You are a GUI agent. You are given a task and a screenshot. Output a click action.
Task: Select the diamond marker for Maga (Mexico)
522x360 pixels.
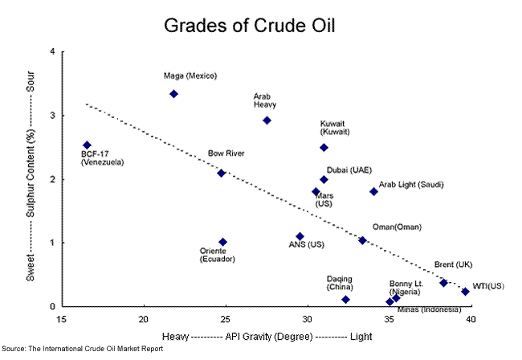click(173, 94)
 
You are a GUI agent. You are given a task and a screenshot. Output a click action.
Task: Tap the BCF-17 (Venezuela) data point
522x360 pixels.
click(87, 145)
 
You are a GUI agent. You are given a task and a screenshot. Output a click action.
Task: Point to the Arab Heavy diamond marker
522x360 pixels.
click(267, 121)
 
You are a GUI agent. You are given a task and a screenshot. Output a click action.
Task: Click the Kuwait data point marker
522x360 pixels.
click(324, 148)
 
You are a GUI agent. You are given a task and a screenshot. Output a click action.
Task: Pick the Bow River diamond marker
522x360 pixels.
click(222, 173)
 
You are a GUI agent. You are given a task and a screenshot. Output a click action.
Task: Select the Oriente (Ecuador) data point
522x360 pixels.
click(222, 242)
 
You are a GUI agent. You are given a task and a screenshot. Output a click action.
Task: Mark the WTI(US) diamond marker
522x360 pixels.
click(465, 292)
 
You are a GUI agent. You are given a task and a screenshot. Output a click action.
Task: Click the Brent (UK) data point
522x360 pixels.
click(443, 283)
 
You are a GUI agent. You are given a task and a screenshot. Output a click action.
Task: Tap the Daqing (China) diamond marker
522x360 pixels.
click(345, 300)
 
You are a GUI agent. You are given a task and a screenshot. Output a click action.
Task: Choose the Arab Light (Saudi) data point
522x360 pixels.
click(373, 191)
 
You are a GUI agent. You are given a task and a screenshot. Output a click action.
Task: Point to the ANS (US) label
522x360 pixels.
click(306, 244)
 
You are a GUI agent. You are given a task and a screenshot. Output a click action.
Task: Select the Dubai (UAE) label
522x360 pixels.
click(350, 170)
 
